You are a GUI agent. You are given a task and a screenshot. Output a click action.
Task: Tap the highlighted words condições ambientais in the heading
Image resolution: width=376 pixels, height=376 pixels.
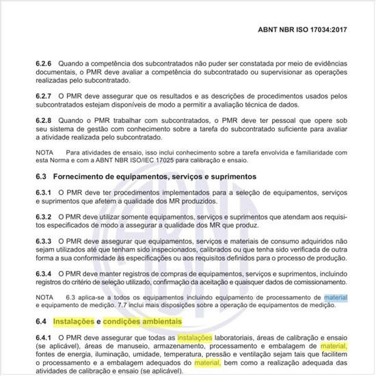pos(144,321)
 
